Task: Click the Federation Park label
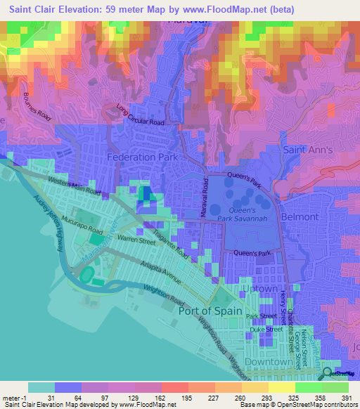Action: tap(142, 157)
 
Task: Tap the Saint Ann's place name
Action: tap(307, 150)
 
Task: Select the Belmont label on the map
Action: tap(300, 218)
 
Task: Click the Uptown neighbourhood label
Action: tap(259, 288)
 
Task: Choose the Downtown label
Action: tap(270, 362)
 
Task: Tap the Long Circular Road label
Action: tap(140, 117)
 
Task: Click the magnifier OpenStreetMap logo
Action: tap(328, 373)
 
